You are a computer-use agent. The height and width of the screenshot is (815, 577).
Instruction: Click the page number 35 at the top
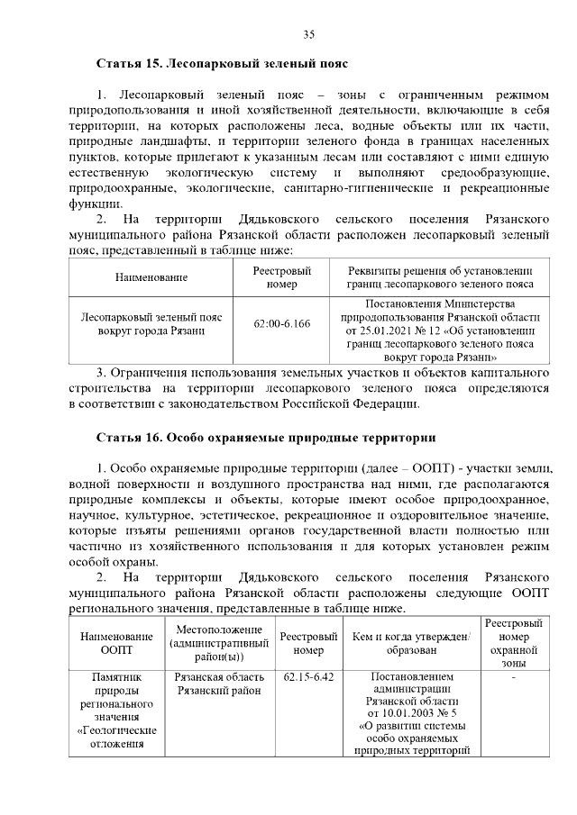tap(308, 34)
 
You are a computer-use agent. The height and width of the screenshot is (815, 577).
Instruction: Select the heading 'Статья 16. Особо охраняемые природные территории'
tap(266, 438)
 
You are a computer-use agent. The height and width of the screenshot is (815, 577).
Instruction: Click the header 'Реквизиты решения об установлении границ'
tap(441, 277)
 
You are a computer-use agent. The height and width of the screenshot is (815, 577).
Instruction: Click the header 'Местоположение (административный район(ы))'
tap(220, 642)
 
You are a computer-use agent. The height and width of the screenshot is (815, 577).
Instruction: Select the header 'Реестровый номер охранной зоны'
tap(513, 642)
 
